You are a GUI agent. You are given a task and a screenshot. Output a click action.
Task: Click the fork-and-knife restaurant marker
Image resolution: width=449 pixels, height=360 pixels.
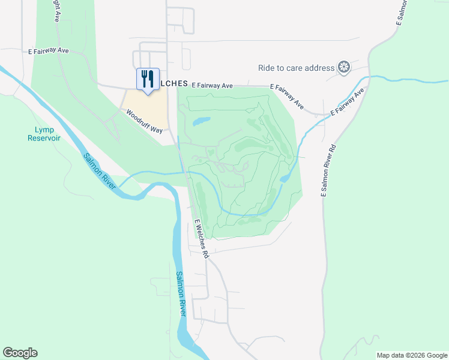click(x=148, y=79)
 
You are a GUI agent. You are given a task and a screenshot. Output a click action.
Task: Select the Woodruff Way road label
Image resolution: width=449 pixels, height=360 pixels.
click(x=144, y=121)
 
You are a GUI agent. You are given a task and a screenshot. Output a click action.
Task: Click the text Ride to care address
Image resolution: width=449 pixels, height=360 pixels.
click(x=296, y=68)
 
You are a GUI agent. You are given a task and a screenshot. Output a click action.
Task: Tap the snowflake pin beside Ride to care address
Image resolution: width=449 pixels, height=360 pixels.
click(x=344, y=67)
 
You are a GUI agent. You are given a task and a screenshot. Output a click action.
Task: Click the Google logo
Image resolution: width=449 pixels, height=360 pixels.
click(x=20, y=353)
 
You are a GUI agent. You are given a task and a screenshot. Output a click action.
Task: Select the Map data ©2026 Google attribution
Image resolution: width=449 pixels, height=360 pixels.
click(x=412, y=355)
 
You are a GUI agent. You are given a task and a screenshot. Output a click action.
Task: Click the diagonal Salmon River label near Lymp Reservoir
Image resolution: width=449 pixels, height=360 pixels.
click(x=100, y=170)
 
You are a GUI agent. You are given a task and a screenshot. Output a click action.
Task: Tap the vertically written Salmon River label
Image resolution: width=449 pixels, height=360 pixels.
click(x=181, y=294)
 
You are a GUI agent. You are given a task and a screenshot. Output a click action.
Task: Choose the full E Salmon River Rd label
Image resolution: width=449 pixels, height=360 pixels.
click(x=328, y=170)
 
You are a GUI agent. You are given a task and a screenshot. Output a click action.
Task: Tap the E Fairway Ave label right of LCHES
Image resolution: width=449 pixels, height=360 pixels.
click(x=212, y=86)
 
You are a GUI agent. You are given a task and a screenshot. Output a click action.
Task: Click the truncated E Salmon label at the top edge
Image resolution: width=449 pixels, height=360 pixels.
click(x=402, y=12)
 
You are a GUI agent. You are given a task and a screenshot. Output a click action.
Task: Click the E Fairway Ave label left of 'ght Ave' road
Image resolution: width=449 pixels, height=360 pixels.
click(x=49, y=51)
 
